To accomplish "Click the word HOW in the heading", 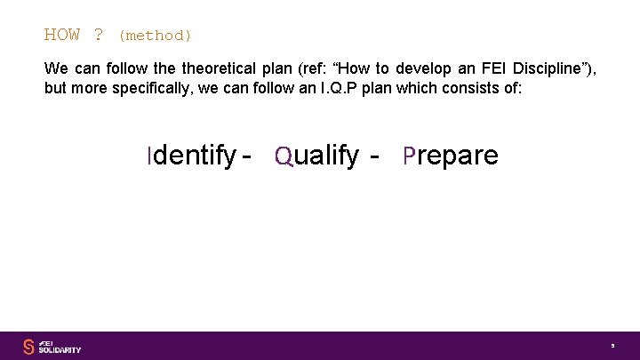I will pos(62,36).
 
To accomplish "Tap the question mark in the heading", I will pos(98,36).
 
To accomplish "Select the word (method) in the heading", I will pos(155,36).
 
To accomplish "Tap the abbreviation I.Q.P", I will pos(356,89).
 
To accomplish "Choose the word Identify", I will pos(191,156).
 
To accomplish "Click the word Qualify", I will pos(317,156).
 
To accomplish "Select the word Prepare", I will pos(451,156).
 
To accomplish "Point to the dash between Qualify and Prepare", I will pos(375,156).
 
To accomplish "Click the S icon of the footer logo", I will pos(28,346).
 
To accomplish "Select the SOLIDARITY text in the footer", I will pos(60,350).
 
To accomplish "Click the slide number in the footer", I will pos(612,346).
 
